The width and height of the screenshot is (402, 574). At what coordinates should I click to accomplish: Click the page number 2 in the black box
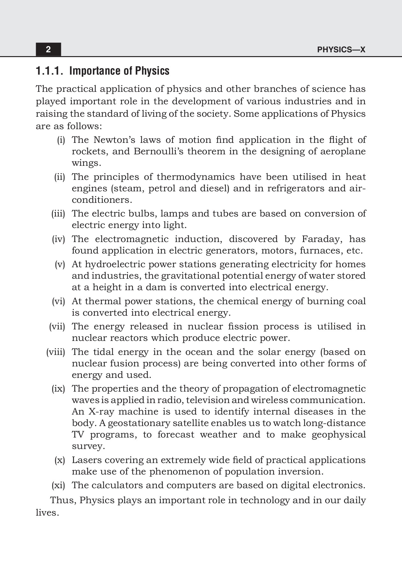coord(48,49)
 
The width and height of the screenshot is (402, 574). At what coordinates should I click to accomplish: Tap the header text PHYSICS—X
coord(341,50)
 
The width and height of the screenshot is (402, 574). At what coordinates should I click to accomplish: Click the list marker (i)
coord(61,140)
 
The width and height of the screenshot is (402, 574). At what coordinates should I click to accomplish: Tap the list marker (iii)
coord(58,214)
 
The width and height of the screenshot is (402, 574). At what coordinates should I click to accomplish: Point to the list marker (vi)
coord(58,301)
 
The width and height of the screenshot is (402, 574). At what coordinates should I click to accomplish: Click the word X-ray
coord(101,412)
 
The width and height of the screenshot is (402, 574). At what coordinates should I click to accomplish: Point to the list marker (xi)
coord(58,485)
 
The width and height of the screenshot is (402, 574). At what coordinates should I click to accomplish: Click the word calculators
coord(117,485)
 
